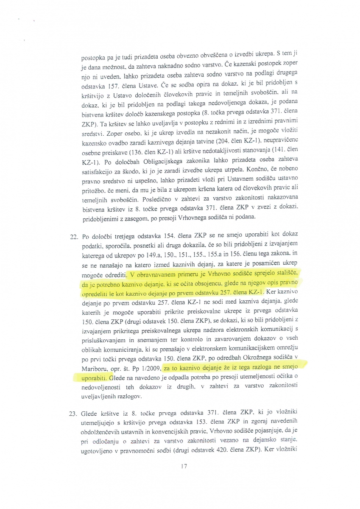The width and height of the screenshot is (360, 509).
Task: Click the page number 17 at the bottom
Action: tap(183, 467)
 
